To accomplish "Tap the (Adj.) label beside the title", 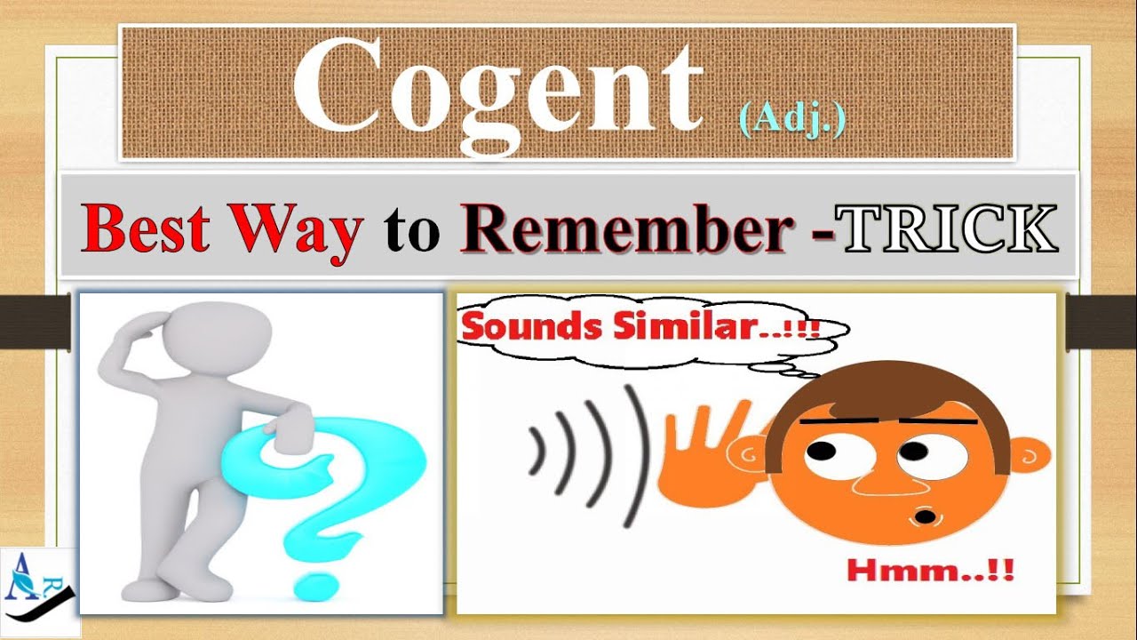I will point(791,119).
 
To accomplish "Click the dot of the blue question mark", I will point(313,582).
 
